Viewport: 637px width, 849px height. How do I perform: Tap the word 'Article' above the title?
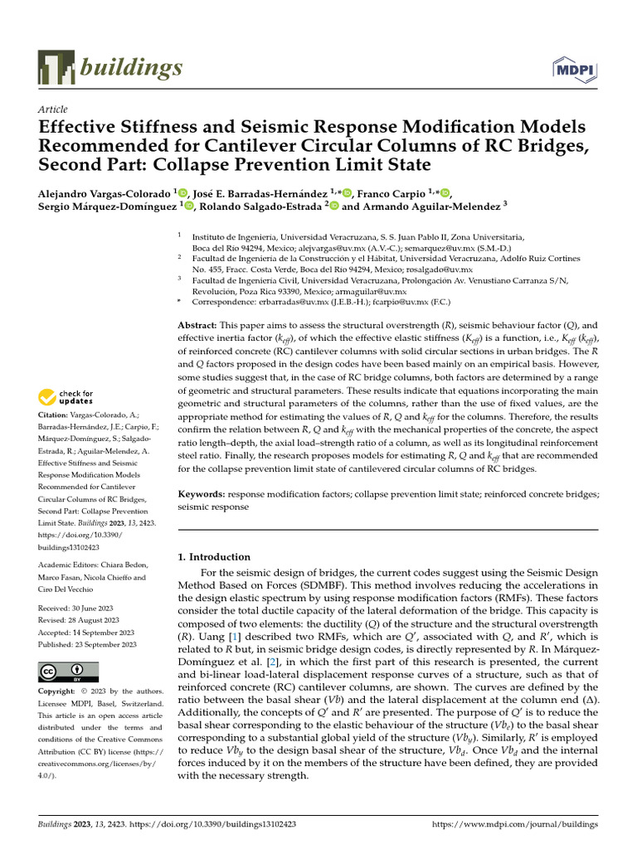click(x=53, y=109)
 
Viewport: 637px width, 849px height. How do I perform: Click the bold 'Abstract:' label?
click(x=203, y=327)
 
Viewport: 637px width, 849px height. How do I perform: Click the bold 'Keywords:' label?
click(x=206, y=494)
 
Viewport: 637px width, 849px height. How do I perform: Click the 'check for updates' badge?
click(x=69, y=396)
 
